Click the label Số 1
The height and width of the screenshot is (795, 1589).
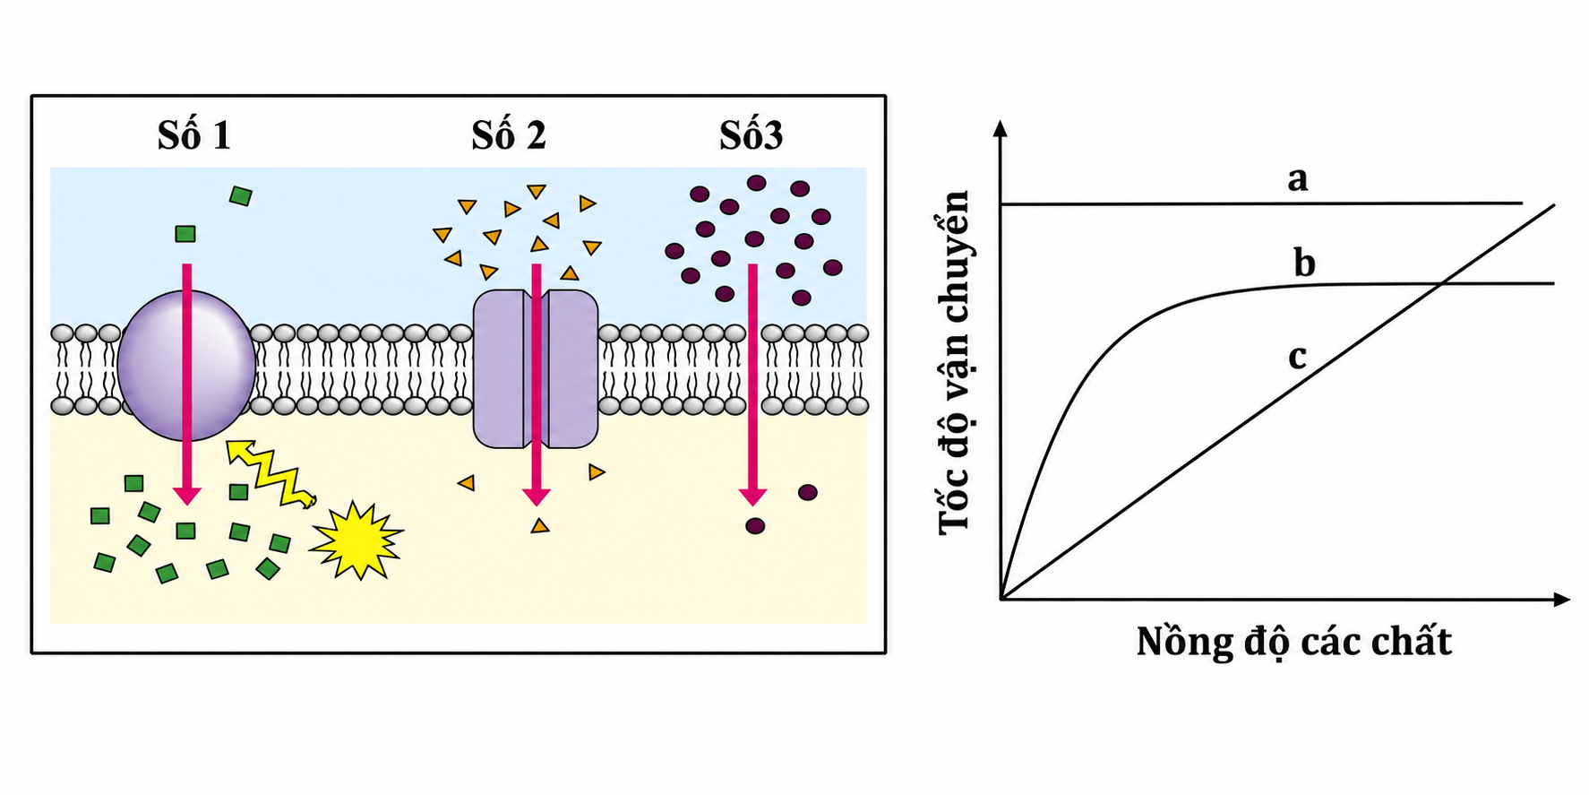(193, 135)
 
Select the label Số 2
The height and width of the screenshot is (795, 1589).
(508, 135)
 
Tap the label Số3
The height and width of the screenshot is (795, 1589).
(751, 135)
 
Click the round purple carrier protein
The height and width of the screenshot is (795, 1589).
(186, 366)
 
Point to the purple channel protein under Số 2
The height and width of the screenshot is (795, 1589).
(536, 368)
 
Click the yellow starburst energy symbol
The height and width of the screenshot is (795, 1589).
(356, 540)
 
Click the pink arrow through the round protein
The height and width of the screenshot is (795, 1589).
(186, 385)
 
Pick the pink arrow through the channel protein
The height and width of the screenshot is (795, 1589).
(536, 385)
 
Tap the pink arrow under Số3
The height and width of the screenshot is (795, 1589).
(752, 385)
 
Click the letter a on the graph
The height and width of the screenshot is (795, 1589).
(1297, 179)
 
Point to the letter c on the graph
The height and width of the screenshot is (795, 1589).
(1297, 357)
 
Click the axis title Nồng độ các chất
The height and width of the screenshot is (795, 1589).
(1293, 642)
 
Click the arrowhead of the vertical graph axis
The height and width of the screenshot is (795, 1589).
(1001, 126)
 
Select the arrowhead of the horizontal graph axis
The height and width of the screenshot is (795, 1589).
(1562, 599)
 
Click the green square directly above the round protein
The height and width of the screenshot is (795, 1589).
(185, 234)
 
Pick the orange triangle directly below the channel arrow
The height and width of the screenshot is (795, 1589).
(539, 526)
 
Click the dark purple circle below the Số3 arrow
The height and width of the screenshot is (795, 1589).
(755, 526)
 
